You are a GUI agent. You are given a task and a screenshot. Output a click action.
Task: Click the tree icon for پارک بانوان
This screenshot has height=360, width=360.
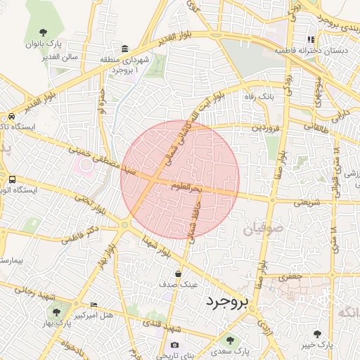(x=44, y=32)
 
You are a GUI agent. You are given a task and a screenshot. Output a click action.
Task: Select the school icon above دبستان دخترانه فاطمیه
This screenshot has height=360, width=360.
(x=309, y=39)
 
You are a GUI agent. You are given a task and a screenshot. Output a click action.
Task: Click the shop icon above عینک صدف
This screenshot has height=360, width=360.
(x=179, y=274)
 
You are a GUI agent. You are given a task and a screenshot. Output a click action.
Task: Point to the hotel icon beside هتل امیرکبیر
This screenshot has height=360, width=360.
(x=94, y=304)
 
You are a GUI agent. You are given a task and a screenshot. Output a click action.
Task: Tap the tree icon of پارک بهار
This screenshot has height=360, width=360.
(x=56, y=312)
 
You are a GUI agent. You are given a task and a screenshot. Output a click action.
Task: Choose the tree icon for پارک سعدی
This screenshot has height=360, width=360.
(x=229, y=341)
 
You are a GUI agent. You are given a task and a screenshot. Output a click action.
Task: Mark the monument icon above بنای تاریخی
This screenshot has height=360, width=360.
(x=174, y=346)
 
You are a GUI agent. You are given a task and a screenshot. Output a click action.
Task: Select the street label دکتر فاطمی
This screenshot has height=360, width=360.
(x=79, y=234)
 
